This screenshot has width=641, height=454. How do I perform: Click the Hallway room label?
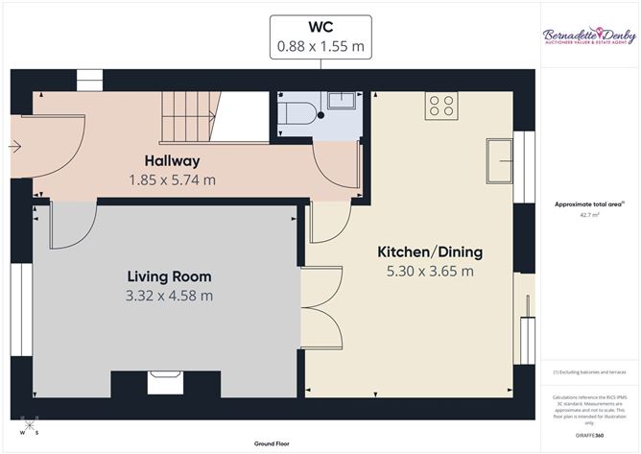[x=172, y=159]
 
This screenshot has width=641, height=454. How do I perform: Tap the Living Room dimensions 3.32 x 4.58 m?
[x=169, y=297]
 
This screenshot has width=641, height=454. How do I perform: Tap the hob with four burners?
[x=441, y=105]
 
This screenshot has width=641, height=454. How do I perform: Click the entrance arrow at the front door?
[x=14, y=147]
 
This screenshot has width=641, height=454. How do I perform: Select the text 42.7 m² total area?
[x=590, y=216]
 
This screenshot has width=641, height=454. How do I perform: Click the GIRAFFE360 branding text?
[x=589, y=435]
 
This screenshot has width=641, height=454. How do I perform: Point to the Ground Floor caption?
[x=273, y=444]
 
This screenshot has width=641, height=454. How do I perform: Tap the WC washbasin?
[x=340, y=103]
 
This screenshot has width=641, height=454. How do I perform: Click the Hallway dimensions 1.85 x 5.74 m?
[x=172, y=179]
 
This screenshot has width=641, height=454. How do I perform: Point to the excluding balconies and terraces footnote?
[x=589, y=372]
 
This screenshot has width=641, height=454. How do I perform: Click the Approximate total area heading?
[x=589, y=203]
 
